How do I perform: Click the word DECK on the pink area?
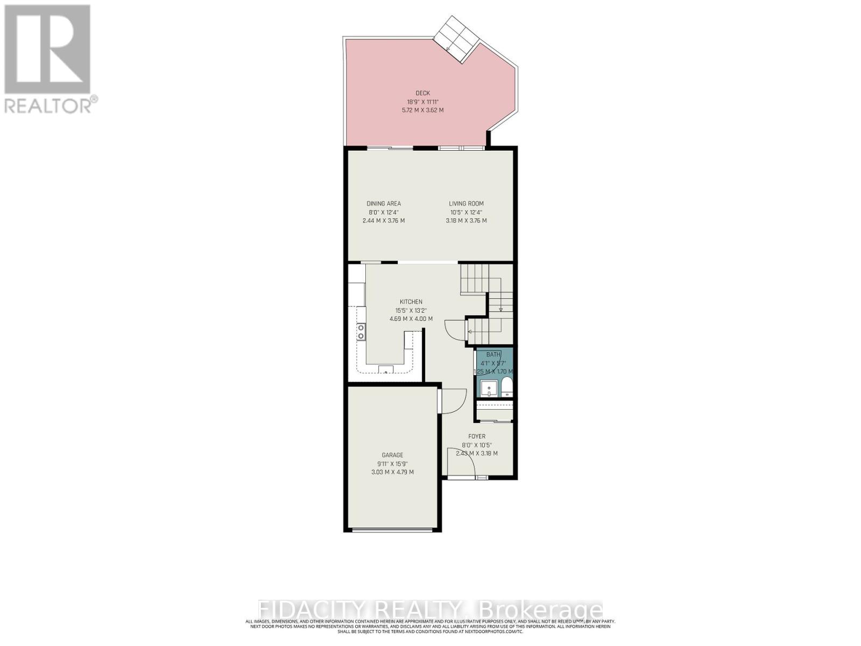point(422,93)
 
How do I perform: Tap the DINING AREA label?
point(384,203)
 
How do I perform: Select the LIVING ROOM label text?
point(466,203)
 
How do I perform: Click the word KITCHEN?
point(411,302)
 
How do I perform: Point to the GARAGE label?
point(392,455)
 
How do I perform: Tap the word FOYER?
point(477,437)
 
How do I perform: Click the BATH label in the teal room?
point(493,354)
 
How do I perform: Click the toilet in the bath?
point(507,387)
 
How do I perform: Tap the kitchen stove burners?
point(361,332)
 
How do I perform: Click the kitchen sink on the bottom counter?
point(386,369)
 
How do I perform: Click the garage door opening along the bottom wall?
point(392,530)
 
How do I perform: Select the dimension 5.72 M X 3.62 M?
point(422,110)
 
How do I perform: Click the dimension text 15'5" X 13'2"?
point(411,310)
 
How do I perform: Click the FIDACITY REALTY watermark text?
point(430,610)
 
